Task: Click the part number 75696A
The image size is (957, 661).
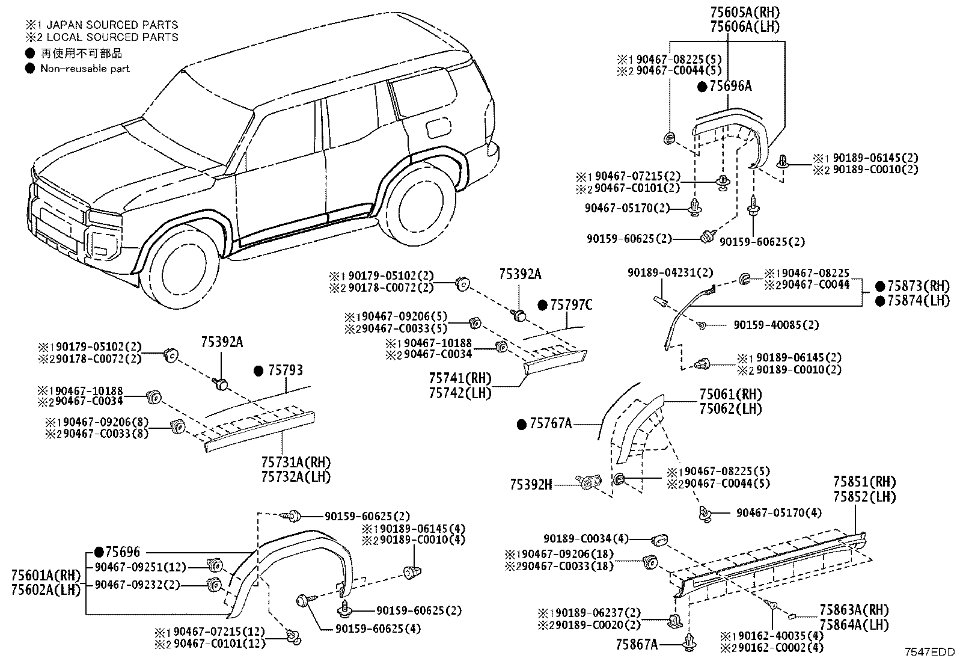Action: (x=730, y=87)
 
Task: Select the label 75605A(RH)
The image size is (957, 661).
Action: (x=745, y=12)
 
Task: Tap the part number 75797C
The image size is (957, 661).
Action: (x=571, y=305)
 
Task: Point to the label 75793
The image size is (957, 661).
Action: (x=286, y=370)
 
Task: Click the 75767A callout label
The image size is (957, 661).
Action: (x=550, y=423)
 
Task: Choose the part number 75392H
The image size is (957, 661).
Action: (x=531, y=485)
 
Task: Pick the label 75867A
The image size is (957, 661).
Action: (x=637, y=644)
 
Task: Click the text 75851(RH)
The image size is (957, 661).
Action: (x=864, y=482)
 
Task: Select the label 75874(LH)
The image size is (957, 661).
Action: (x=919, y=301)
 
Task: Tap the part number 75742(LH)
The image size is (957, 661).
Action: (x=460, y=393)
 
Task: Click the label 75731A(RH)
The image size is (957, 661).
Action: (x=296, y=462)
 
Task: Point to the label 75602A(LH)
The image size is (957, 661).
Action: (x=46, y=590)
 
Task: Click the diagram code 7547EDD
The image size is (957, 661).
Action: (x=929, y=651)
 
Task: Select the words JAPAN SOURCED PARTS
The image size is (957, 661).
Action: (x=112, y=25)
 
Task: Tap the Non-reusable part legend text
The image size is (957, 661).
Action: (x=85, y=69)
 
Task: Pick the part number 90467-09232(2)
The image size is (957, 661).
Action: (x=137, y=585)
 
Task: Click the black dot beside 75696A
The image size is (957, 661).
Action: (x=702, y=87)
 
